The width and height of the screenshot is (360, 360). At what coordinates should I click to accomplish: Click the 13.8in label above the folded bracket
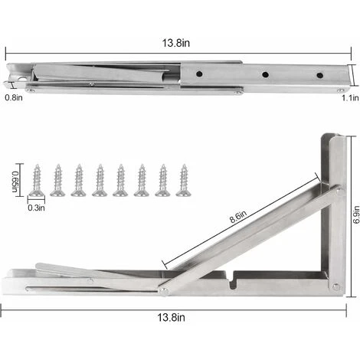pos(176,43)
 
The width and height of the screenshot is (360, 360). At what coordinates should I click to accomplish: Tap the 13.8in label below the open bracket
pos(171,317)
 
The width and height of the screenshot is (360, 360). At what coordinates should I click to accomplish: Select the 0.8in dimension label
pos(14,97)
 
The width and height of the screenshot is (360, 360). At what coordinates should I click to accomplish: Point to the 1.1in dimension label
pos(350,98)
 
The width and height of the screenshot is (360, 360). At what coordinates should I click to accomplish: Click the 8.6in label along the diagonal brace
pos(238,217)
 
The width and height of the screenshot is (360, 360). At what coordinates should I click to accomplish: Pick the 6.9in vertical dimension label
pos(356,214)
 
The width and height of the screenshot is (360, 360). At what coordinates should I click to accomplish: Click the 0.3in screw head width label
pos(36,208)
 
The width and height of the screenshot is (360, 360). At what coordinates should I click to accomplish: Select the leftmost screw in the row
pos(38,180)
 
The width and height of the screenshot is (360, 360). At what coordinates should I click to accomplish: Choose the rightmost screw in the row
pos(184,180)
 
